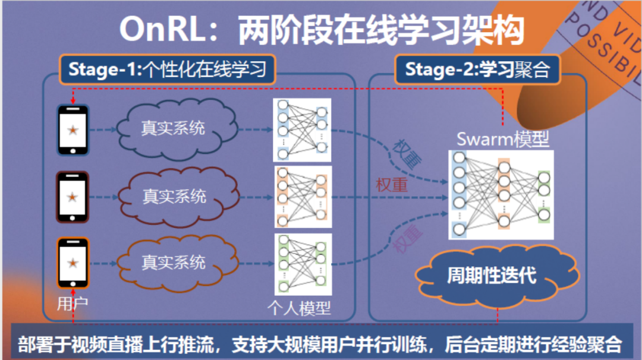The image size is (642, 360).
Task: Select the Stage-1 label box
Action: click(168, 70)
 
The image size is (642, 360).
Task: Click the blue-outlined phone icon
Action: click(73, 130)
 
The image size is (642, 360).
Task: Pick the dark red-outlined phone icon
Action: click(73, 197)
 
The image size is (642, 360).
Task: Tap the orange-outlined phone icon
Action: click(73, 263)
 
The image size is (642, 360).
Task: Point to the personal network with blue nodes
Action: click(301, 130)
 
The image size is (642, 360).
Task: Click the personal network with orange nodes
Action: click(303, 197)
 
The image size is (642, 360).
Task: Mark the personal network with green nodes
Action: click(303, 264)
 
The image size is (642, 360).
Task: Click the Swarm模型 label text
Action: click(502, 140)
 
